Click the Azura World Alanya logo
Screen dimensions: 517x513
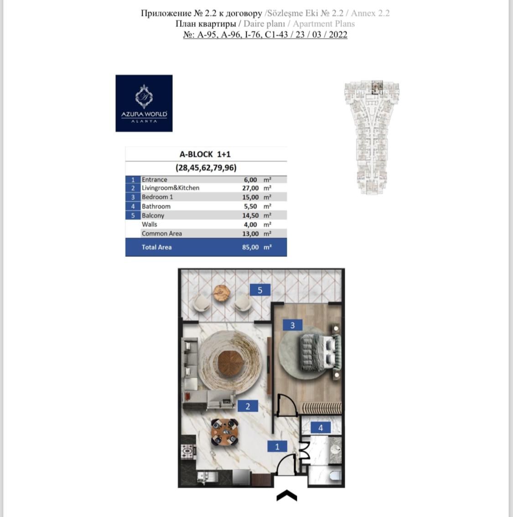tap(144, 104)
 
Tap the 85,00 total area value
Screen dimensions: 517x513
tap(250, 247)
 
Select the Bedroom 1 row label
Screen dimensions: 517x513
tap(157, 197)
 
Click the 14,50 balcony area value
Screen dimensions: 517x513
tap(250, 215)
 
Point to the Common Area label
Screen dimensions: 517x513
tap(161, 234)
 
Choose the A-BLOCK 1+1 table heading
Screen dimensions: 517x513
tap(205, 154)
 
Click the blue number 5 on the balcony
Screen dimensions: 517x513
tap(260, 290)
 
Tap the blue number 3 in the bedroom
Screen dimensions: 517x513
tap(292, 325)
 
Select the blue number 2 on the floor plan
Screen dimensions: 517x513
tap(248, 406)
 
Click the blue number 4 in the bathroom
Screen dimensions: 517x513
tap(321, 428)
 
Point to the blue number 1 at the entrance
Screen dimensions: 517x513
tap(277, 447)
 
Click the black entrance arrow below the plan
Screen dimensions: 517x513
tap(287, 496)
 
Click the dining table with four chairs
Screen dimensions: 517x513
tap(225, 432)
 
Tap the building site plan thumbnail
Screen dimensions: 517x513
tap(372, 137)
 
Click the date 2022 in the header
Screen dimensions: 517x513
tap(337, 35)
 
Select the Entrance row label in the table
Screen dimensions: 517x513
tap(154, 180)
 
